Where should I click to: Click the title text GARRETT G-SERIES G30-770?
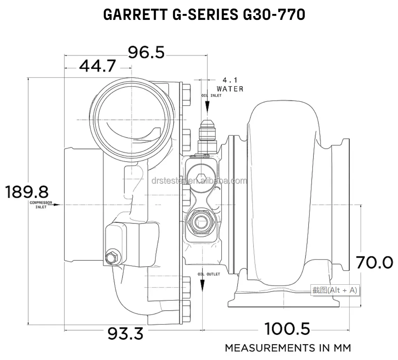point(204,15)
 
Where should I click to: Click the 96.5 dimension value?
point(146,53)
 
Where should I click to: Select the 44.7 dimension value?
point(97,66)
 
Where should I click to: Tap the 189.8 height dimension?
point(26,192)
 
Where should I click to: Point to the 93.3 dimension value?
point(125,334)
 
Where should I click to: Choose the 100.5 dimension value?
point(287,329)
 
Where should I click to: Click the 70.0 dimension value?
point(374,262)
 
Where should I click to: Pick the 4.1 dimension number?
point(230,81)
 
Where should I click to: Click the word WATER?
point(230,89)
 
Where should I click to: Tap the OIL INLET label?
point(211,96)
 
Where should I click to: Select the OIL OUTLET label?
point(209,274)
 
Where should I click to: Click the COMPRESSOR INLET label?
point(41,205)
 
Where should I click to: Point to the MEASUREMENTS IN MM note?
point(288,348)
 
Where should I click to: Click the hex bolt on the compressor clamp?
point(112,258)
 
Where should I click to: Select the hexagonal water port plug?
point(199,178)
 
